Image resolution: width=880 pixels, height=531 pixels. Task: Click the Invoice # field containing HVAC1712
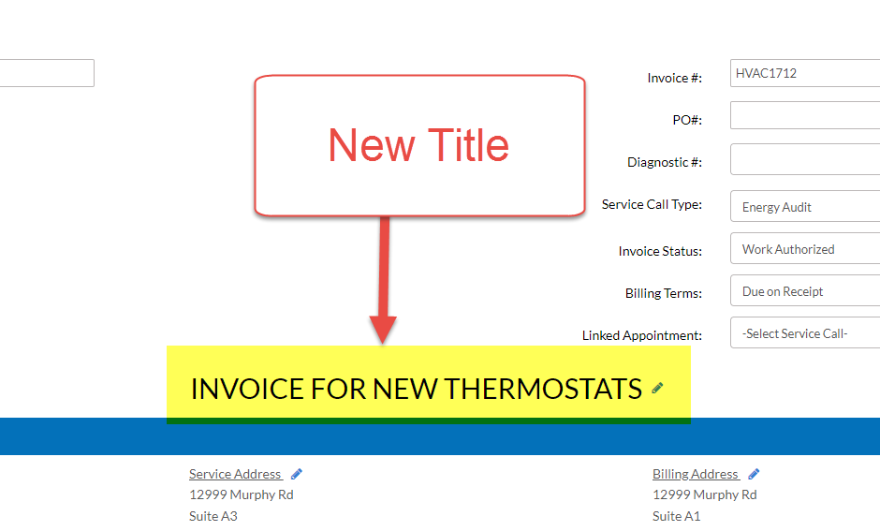pyautogui.click(x=805, y=73)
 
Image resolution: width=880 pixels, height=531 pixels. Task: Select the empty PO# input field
pyautogui.click(x=805, y=115)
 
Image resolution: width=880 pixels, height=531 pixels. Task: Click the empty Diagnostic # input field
pyautogui.click(x=805, y=158)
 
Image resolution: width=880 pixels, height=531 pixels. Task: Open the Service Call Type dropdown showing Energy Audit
pyautogui.click(x=805, y=207)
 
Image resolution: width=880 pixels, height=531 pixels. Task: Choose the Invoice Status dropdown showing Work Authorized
pyautogui.click(x=805, y=249)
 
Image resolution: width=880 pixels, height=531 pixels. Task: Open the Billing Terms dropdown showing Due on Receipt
pyautogui.click(x=805, y=291)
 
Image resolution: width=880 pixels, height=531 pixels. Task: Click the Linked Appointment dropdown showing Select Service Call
pyautogui.click(x=805, y=333)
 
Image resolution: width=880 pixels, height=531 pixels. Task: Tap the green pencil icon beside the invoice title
pyautogui.click(x=657, y=388)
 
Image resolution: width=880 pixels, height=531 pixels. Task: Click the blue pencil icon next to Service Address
pyautogui.click(x=297, y=474)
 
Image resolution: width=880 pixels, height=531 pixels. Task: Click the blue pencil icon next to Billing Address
pyautogui.click(x=754, y=474)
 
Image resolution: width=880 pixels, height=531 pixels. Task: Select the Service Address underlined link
pyautogui.click(x=235, y=474)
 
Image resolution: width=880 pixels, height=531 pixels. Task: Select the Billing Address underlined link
pyautogui.click(x=696, y=474)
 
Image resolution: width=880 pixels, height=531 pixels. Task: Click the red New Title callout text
pyautogui.click(x=418, y=145)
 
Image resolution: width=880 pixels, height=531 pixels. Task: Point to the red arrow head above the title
pyautogui.click(x=383, y=329)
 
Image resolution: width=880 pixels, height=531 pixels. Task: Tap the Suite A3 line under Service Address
pyautogui.click(x=213, y=516)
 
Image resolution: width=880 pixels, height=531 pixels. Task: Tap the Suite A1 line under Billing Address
pyautogui.click(x=677, y=516)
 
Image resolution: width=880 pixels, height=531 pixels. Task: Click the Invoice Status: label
pyautogui.click(x=660, y=251)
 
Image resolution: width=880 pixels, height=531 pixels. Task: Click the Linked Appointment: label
pyautogui.click(x=641, y=335)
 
